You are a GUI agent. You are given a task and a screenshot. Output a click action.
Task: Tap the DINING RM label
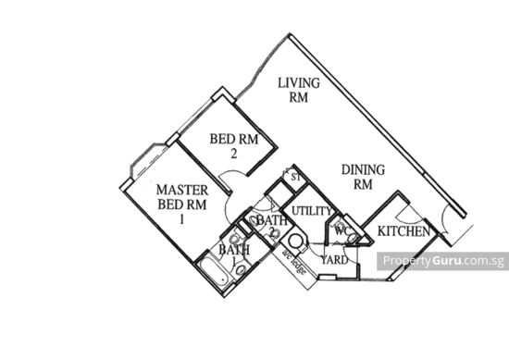355,177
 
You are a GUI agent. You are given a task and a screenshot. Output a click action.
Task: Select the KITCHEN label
403,230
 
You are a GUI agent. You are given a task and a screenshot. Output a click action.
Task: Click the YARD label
336,261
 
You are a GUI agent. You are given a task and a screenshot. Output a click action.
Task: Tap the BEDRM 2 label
232,143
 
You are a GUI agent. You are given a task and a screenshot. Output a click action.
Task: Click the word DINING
355,170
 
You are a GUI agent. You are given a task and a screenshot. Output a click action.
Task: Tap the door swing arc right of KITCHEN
449,223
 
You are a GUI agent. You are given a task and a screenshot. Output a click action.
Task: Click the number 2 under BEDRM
233,153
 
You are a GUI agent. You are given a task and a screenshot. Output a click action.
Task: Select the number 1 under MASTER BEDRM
182,214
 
